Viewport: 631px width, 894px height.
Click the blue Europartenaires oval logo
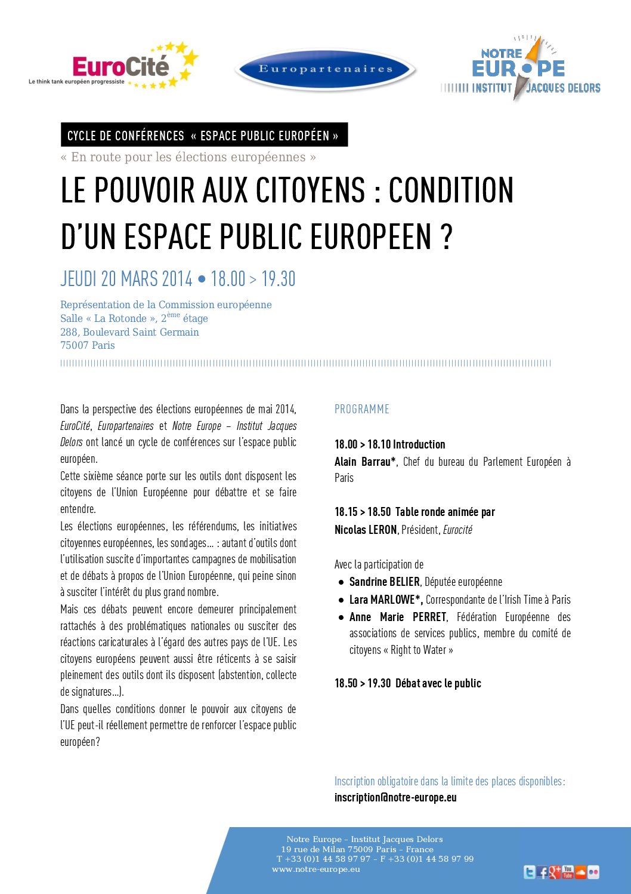coord(326,69)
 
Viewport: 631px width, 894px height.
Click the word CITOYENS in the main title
coord(310,191)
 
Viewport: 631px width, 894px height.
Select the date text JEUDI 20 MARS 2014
coord(126,279)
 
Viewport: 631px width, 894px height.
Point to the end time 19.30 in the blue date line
coord(279,279)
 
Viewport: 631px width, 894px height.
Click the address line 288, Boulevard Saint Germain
coord(129,332)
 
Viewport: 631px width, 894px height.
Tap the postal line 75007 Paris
coord(88,345)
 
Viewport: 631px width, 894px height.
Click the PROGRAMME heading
coord(361,409)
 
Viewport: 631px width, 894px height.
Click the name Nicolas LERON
coord(366,530)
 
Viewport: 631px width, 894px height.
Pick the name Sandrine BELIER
coord(384,582)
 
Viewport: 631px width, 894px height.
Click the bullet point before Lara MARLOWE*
coord(341,600)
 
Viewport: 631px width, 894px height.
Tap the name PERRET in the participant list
coord(429,617)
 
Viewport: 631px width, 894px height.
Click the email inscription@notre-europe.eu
coord(395,797)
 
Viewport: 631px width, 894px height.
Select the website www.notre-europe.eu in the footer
coord(316,870)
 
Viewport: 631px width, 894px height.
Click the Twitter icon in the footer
coord(529,873)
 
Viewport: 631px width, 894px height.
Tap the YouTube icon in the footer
coord(568,872)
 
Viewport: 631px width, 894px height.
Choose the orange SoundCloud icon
coord(580,872)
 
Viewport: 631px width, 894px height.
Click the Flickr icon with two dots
coord(593,873)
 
